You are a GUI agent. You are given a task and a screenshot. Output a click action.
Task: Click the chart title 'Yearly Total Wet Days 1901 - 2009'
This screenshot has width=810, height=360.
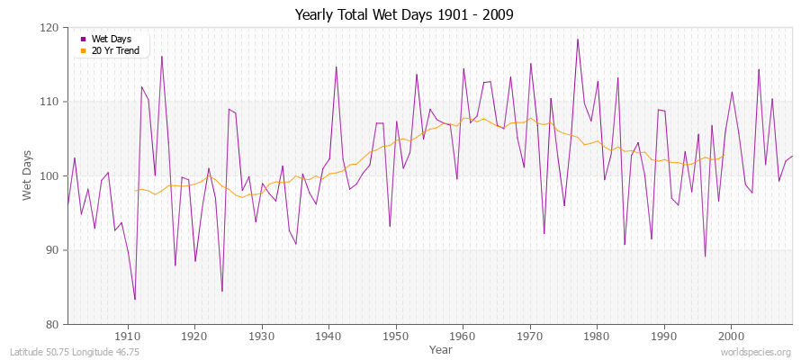[x=404, y=15]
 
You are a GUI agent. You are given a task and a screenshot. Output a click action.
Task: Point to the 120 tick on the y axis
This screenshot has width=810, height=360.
[x=49, y=28]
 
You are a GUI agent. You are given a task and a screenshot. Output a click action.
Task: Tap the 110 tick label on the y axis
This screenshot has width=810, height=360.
[x=49, y=102]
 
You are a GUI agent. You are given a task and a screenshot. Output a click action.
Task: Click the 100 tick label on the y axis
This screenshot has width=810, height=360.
[x=49, y=175]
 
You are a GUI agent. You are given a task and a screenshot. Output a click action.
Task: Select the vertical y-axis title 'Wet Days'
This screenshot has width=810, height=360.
[x=27, y=175]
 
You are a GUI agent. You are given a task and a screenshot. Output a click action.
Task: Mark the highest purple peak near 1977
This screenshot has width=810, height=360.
[x=577, y=39]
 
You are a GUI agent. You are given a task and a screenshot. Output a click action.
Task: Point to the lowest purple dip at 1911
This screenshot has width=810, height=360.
[x=135, y=300]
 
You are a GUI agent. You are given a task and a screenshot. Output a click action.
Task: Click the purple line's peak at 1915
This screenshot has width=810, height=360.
[x=162, y=57]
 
